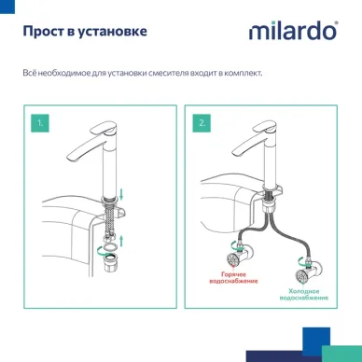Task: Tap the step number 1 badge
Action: coord(37,122)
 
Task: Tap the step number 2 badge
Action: coord(202,122)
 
